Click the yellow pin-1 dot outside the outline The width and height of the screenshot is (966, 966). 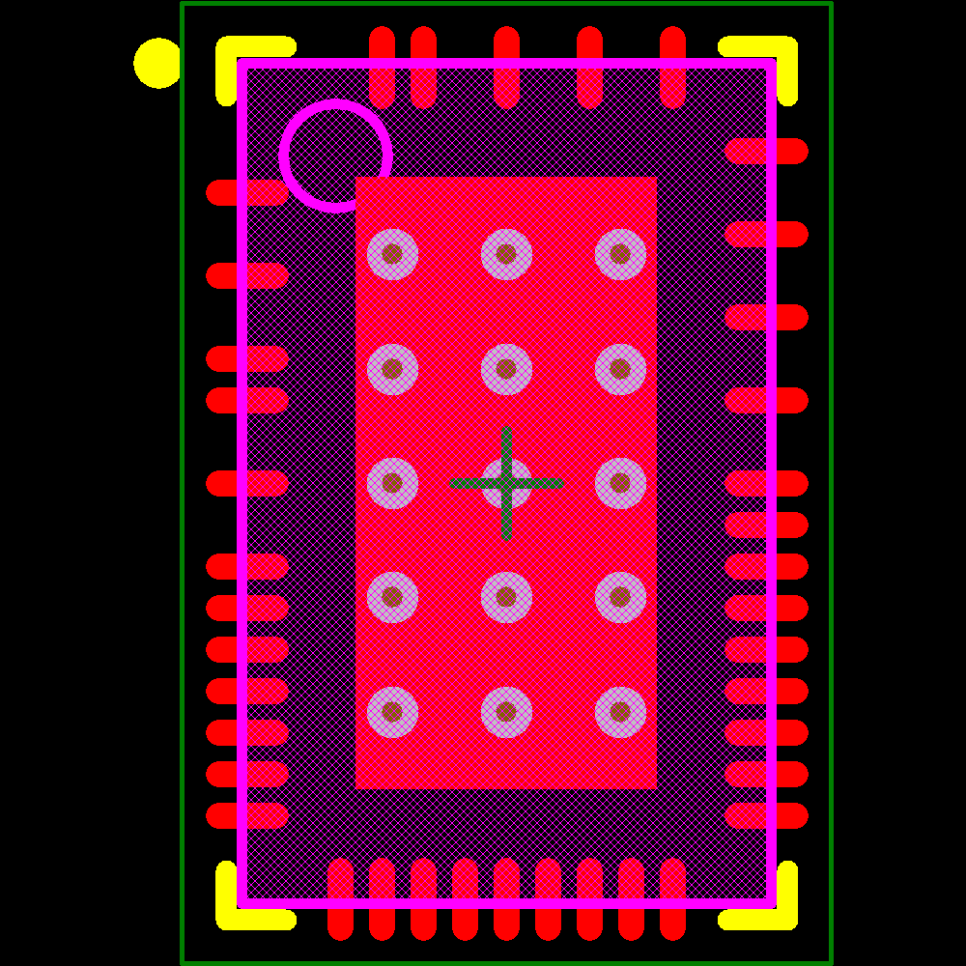coord(157,63)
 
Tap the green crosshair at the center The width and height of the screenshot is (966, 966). coord(506,483)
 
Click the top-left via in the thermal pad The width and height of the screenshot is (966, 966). coord(392,254)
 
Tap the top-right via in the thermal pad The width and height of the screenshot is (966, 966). coord(620,254)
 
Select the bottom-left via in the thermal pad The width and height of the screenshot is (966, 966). coord(392,712)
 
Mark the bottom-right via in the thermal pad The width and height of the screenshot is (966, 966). coord(620,712)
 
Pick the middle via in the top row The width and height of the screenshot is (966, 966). coord(506,254)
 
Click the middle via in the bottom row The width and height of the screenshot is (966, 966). coord(506,712)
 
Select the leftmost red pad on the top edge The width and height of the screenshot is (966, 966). coord(383,68)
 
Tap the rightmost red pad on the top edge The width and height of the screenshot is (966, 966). coord(672,68)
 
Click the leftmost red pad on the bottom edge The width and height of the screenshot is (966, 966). coord(340,898)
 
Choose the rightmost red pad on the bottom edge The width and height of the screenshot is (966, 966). coord(672,898)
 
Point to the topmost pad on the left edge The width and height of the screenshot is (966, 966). coord(247,192)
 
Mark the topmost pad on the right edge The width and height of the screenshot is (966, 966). coord(766,151)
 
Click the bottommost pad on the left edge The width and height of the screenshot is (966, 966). coord(247,815)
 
